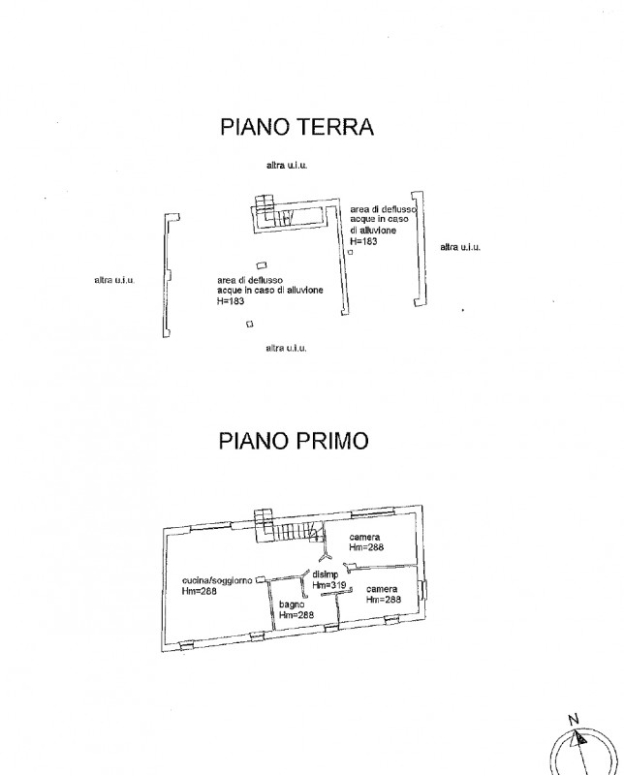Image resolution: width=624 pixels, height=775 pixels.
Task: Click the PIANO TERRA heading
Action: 296,127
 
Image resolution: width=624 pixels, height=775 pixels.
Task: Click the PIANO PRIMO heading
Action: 294,441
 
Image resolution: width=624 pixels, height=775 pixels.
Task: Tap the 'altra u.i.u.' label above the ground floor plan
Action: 287,165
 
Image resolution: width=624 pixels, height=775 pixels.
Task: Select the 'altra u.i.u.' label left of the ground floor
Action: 114,280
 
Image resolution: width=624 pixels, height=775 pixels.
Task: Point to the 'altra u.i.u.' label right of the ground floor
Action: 460,247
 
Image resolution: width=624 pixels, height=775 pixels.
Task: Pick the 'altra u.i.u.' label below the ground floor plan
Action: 286,348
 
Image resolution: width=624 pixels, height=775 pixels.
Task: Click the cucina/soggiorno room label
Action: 217,580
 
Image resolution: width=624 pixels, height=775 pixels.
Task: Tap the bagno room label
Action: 292,604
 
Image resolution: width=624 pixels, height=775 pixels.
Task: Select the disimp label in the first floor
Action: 326,574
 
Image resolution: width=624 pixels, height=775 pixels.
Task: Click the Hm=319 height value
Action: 329,585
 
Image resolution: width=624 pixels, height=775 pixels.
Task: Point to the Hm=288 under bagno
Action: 296,615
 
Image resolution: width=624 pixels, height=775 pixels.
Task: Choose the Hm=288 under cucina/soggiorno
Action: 200,591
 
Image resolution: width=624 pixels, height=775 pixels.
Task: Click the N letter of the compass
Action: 573,720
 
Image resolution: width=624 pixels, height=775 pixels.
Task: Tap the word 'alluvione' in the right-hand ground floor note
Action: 378,231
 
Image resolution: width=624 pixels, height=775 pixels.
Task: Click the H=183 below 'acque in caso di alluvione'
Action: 231,300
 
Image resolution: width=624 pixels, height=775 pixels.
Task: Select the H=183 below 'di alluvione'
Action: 363,241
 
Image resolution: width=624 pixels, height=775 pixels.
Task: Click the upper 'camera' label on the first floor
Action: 364,537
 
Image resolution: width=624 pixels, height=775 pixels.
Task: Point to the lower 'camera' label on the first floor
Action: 382,589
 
